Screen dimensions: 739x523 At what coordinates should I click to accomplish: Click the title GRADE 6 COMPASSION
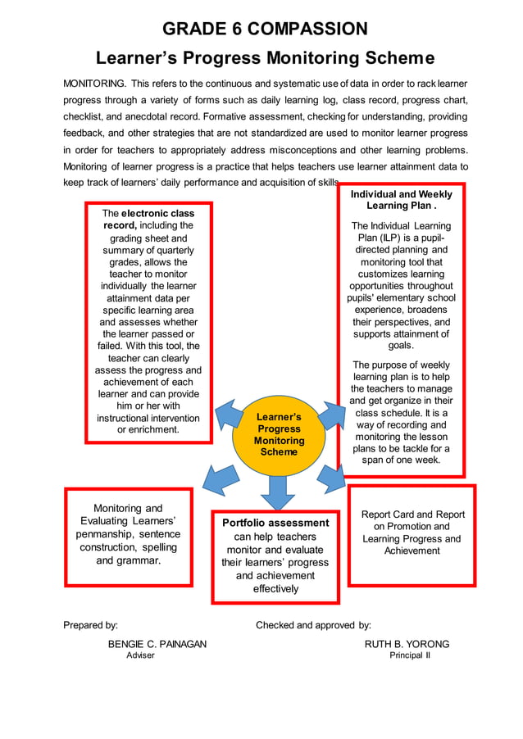(x=265, y=29)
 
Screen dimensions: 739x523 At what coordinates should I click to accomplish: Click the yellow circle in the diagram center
(x=279, y=434)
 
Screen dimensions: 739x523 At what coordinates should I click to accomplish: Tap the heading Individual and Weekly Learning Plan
(x=402, y=200)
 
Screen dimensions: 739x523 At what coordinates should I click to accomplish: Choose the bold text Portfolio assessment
(x=275, y=523)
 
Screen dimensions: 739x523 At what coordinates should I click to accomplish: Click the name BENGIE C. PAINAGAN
(x=157, y=644)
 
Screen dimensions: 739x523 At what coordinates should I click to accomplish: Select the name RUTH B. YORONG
(x=407, y=644)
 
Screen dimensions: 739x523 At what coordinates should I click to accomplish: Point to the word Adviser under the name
(x=139, y=656)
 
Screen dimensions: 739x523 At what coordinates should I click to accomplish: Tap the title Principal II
(x=409, y=656)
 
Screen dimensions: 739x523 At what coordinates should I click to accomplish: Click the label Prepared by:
(x=91, y=625)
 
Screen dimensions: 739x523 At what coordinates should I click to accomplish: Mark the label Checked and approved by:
(x=313, y=625)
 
